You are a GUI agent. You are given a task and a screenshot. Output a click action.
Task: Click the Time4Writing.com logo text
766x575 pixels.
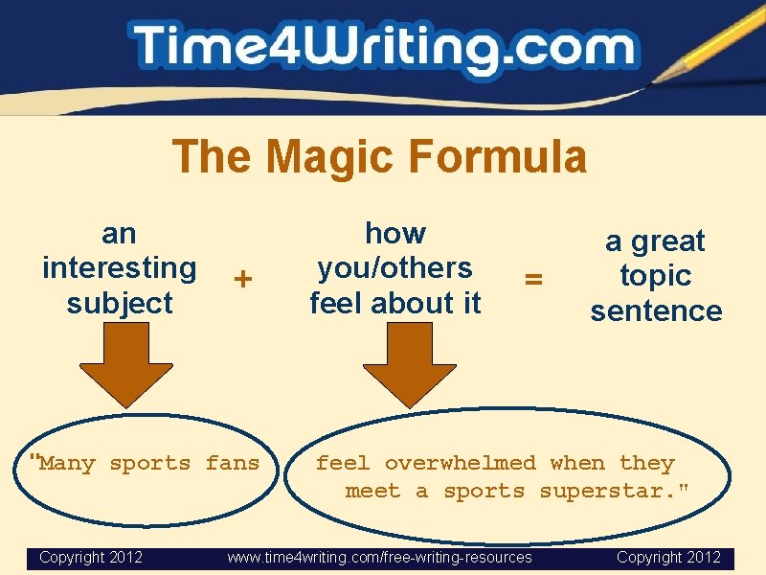(383, 48)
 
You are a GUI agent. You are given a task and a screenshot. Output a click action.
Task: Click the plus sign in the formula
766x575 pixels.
(244, 278)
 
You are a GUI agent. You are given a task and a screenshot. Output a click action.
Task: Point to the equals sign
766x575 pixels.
(533, 278)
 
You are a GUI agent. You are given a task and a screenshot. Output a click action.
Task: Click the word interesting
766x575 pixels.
(120, 267)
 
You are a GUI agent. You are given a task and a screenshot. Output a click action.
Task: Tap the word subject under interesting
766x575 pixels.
(120, 303)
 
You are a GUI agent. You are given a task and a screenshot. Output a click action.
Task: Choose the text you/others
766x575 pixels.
(394, 267)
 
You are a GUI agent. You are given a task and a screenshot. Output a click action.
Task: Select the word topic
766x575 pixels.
(656, 275)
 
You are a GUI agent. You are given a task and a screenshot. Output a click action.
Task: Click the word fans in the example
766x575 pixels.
(233, 463)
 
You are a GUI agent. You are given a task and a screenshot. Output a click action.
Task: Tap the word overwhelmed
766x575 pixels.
(460, 463)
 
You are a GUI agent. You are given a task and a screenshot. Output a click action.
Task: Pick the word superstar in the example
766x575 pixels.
(615, 491)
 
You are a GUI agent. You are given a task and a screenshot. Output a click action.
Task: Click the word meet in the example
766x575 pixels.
(372, 491)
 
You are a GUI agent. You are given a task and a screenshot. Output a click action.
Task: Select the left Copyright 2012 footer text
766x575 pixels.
(91, 557)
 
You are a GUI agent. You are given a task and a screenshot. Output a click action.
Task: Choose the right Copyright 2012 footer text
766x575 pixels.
(668, 557)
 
